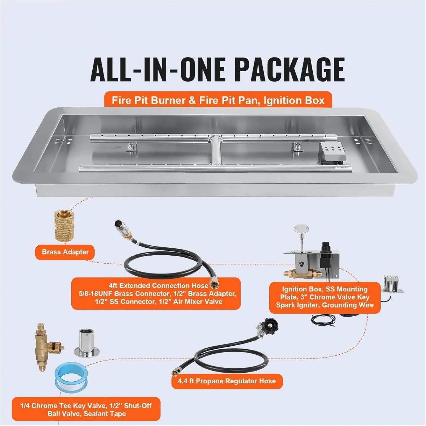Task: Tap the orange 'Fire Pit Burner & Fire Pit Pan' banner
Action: click(218, 100)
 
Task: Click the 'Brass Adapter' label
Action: click(65, 252)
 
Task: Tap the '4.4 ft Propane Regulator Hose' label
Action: click(227, 381)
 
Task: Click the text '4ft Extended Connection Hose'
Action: click(158, 286)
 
